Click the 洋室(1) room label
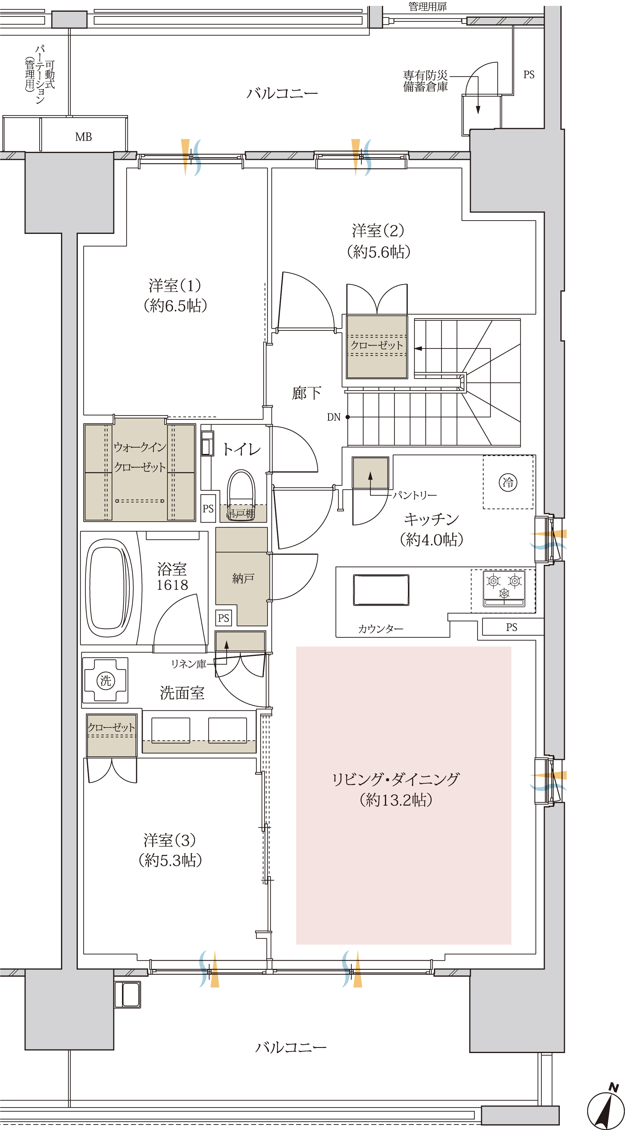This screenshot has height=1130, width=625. click(175, 286)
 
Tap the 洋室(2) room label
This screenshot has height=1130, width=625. click(378, 231)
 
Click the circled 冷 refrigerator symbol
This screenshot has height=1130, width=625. click(508, 482)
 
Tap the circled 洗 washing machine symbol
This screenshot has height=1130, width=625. click(106, 680)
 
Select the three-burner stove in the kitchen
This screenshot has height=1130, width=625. click(504, 588)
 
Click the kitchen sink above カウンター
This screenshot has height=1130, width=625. click(381, 590)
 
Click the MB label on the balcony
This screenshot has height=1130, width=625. click(83, 137)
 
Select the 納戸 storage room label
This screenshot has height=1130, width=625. click(243, 578)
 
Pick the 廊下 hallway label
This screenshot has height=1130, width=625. click(306, 393)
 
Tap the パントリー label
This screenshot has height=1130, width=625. click(414, 495)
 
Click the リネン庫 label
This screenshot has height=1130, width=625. click(189, 664)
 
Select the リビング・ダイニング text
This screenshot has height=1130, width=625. click(396, 779)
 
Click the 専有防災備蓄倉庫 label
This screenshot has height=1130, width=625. click(425, 81)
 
